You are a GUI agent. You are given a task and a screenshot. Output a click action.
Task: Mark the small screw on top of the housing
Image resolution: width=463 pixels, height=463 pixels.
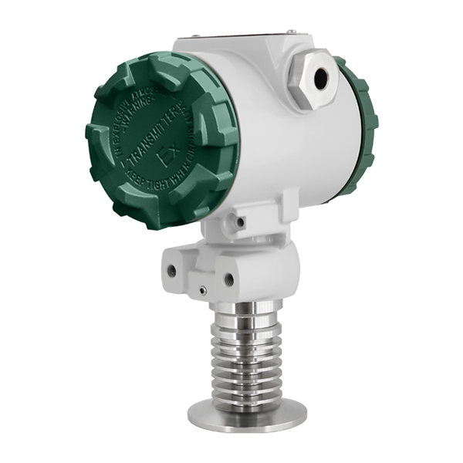[x=292, y=32]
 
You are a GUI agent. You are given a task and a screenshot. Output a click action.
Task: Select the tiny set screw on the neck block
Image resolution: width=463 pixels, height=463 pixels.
[x=202, y=291]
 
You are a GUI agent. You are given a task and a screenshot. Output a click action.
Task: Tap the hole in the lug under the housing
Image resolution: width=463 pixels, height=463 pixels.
[x=242, y=223]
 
